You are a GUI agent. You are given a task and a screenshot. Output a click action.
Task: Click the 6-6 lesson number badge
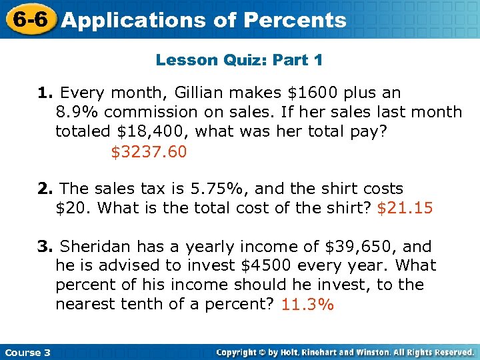[27, 19]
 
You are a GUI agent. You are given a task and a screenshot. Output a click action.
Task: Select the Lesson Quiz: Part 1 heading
[239, 60]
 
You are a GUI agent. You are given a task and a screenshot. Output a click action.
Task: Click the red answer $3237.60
[149, 152]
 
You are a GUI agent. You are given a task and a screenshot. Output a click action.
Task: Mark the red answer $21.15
[405, 208]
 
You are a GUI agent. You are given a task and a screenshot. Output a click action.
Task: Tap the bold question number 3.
[43, 246]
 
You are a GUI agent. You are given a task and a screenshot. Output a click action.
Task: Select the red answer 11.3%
[307, 305]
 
